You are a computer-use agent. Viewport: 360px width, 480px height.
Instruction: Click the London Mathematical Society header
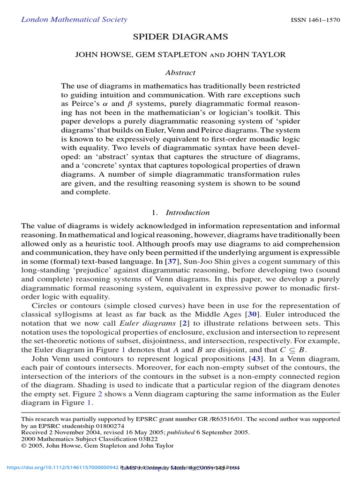[74, 20]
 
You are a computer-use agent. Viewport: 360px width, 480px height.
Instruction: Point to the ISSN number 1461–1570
[315, 20]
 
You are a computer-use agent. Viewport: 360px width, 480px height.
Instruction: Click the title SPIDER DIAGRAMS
[180, 37]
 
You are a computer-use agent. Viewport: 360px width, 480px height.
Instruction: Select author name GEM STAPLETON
[171, 55]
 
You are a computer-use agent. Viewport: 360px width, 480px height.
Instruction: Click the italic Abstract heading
[180, 73]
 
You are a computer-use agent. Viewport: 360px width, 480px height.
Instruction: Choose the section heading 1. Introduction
[180, 212]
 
